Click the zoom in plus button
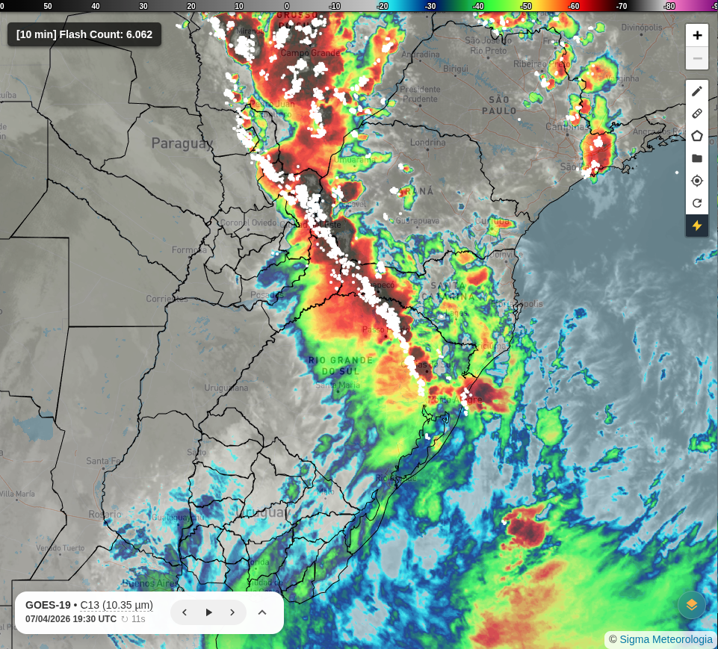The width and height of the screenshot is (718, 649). [x=697, y=35]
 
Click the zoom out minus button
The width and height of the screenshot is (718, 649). [x=697, y=58]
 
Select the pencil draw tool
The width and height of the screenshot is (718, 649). [x=697, y=91]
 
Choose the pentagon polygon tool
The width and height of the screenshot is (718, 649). [x=697, y=136]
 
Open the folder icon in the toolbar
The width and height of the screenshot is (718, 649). [x=697, y=158]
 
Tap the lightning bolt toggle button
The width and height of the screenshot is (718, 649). [x=697, y=226]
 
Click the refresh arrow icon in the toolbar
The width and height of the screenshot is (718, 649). [x=697, y=203]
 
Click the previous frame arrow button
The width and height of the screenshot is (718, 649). [x=185, y=612]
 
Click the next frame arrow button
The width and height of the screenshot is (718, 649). [x=232, y=612]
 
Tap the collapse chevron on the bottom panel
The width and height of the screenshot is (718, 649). [x=262, y=612]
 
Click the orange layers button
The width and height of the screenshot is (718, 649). [x=692, y=605]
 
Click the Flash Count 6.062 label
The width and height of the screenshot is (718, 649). [x=84, y=34]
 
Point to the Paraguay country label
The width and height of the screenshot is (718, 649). [x=182, y=143]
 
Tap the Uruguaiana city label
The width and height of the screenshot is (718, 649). [x=226, y=388]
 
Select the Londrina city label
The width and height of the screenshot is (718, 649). [x=428, y=143]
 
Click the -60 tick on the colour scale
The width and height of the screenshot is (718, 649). [x=574, y=6]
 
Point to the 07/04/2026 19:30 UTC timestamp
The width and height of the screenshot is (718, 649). [x=71, y=619]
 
